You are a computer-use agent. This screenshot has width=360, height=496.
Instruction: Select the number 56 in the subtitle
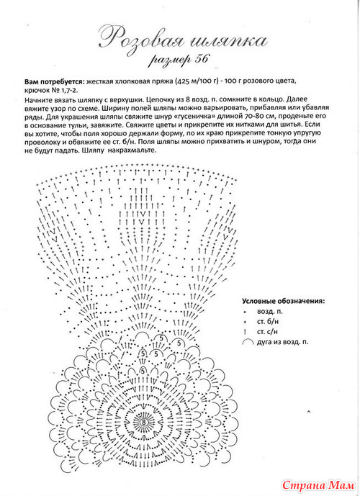coord(201,59)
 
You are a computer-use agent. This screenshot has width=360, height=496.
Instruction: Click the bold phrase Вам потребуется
coord(55,81)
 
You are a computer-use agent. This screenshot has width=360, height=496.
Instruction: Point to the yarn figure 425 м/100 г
coord(197,81)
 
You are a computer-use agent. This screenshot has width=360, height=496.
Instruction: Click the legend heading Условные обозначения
coord(283,301)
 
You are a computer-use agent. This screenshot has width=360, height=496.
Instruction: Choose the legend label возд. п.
coord(270,312)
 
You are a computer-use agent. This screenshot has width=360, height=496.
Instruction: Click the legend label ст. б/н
coord(268,322)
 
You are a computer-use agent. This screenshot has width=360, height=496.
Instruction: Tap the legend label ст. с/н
coord(267,332)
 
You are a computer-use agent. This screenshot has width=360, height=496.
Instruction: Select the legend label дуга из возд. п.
coord(282,342)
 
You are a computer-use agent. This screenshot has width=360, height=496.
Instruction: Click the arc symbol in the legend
coord(248,341)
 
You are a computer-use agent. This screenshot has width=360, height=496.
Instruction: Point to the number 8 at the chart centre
coord(144,423)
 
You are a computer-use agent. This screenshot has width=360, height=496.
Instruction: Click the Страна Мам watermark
coord(318,485)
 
